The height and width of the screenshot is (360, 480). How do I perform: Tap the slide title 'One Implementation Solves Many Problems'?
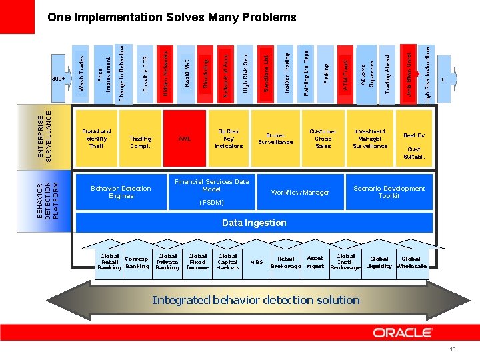point(172,17)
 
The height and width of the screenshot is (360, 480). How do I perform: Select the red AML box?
point(185,139)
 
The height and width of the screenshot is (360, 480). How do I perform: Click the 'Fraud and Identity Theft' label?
point(96,139)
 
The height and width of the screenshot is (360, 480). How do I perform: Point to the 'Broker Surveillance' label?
point(275,139)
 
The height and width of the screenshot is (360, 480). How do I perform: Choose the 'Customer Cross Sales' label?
point(323,139)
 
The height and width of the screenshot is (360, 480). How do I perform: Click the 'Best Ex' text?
point(413,135)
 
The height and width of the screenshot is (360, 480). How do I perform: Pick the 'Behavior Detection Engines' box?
point(121,192)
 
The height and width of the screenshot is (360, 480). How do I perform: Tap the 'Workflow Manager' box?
point(300,193)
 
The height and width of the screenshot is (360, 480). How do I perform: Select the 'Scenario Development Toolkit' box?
point(389,192)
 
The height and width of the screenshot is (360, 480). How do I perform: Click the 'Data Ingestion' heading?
point(254,223)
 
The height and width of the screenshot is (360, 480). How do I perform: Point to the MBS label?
point(256,262)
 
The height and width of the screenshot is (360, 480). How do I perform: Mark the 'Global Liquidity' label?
point(379,262)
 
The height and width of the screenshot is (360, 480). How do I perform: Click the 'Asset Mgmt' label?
point(315,262)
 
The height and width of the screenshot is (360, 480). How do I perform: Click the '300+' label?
point(59,79)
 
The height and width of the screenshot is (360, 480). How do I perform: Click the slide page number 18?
point(452,349)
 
